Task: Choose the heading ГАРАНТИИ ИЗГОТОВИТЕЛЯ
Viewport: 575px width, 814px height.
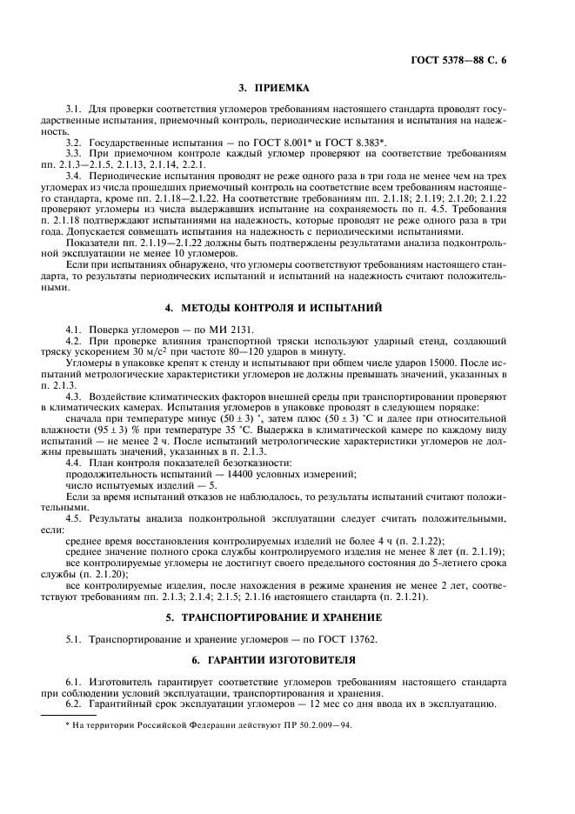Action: [x=286, y=662]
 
